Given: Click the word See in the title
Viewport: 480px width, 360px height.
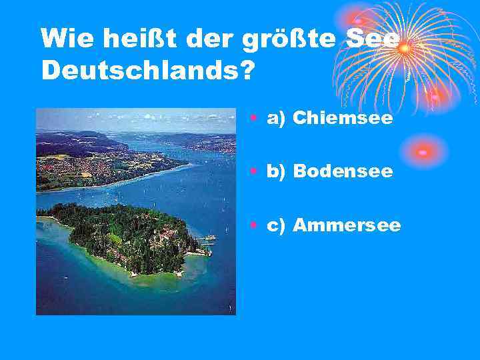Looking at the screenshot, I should [x=373, y=39].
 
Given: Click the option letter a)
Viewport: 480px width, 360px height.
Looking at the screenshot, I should [x=277, y=119].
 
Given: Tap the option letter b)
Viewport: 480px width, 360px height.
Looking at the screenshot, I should [x=277, y=172].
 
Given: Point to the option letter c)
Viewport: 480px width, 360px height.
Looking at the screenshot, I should [x=277, y=226].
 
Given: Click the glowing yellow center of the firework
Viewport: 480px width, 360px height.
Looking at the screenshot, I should [x=403, y=48].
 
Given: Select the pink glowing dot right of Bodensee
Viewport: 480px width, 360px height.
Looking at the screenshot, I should [x=423, y=152].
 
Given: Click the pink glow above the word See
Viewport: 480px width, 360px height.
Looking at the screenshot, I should [x=358, y=20].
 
